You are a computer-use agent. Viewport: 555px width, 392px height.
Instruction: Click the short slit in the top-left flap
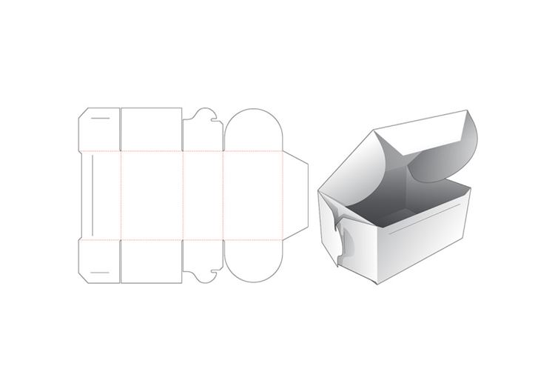coord(100,118)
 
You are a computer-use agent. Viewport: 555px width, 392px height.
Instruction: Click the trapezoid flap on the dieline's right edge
coord(296,195)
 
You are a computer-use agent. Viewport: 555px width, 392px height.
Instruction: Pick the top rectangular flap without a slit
coord(150,130)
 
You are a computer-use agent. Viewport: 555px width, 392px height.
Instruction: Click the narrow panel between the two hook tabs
coord(203,195)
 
